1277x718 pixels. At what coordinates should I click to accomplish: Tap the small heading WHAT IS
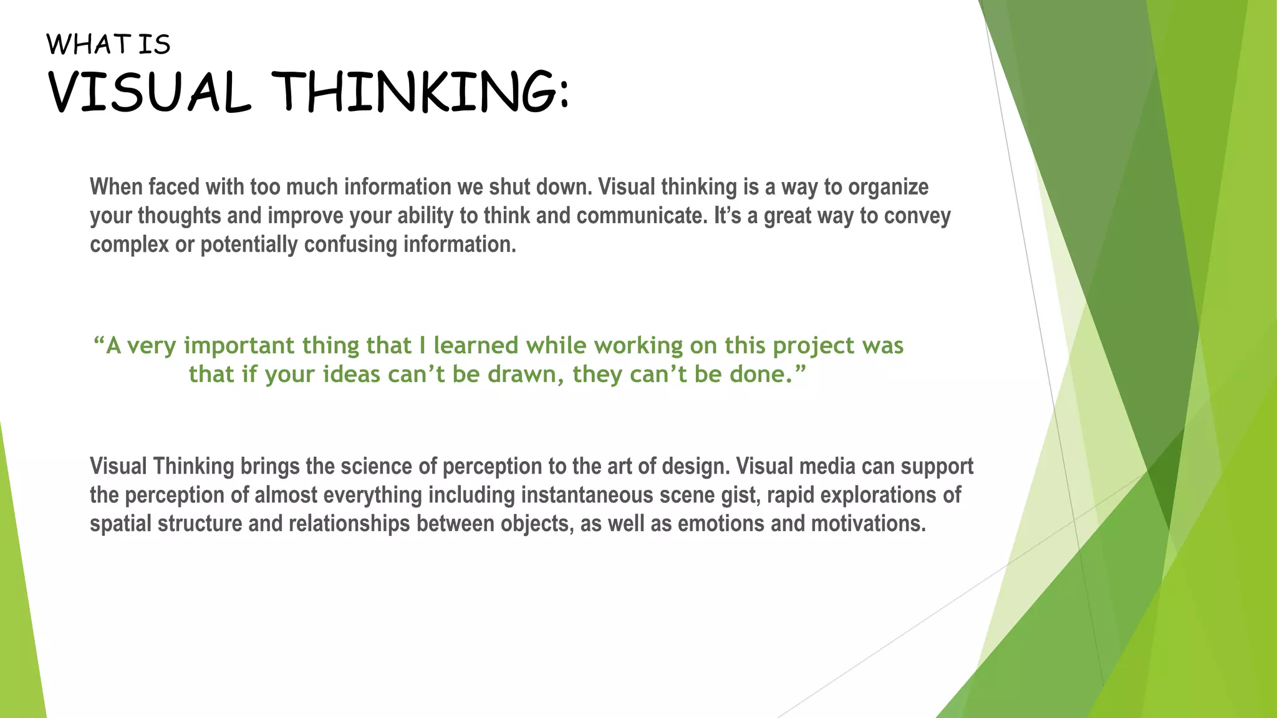[x=108, y=45]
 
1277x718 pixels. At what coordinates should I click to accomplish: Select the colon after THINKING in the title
[x=564, y=97]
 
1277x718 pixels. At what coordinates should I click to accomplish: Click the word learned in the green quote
[x=476, y=346]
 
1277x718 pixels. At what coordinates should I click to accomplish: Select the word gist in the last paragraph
[x=740, y=495]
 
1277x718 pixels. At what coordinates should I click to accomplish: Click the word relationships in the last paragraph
[x=349, y=524]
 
